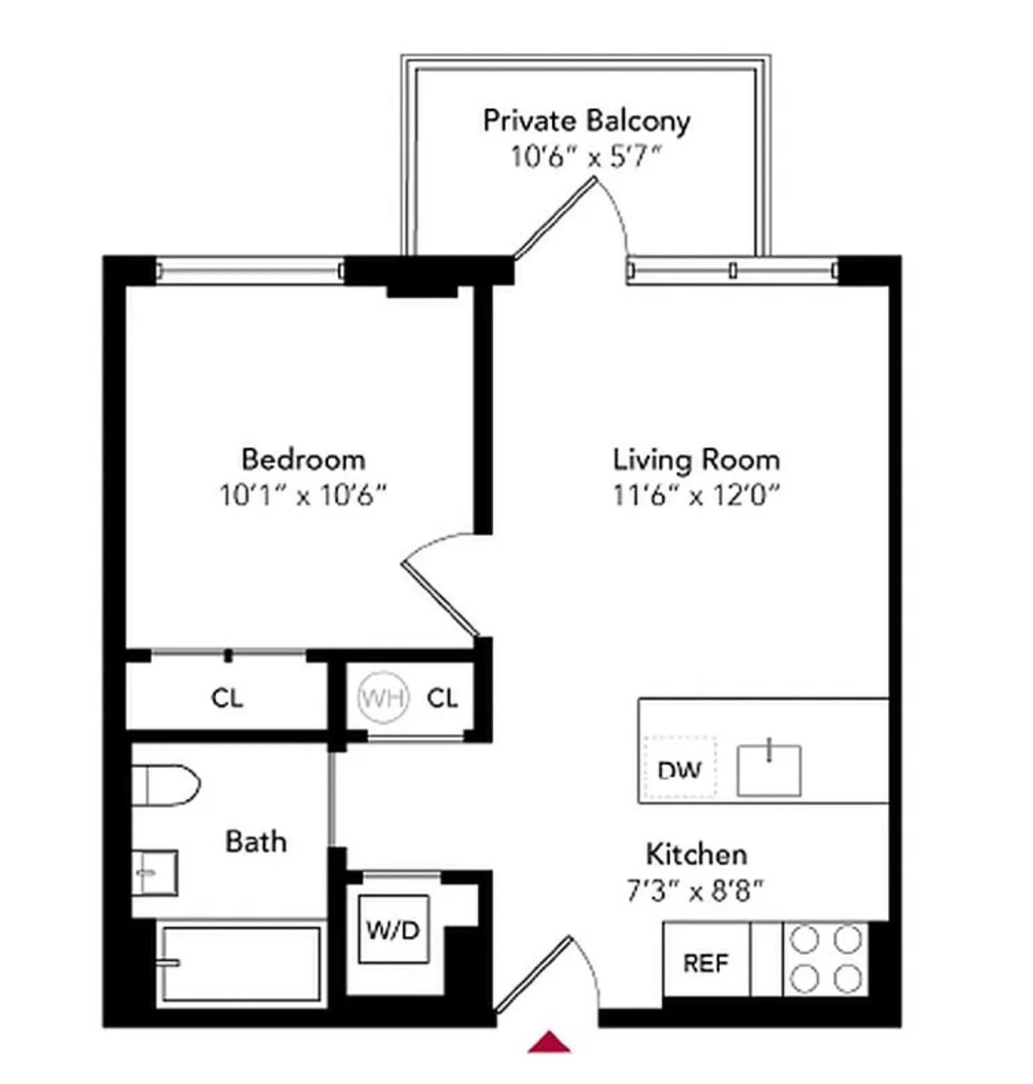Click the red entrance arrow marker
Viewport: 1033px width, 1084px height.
[x=549, y=1042]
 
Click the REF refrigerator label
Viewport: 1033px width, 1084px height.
[x=705, y=963]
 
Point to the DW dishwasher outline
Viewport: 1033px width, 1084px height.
[x=680, y=769]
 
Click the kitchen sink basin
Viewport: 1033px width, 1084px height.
[x=769, y=771]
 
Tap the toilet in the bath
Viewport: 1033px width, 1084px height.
[x=165, y=785]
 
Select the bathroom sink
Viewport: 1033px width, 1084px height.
[x=154, y=873]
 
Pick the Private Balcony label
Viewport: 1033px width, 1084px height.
[x=586, y=121]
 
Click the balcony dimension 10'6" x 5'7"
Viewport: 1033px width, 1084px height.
[x=585, y=158]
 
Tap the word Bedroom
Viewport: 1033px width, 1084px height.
[x=303, y=459]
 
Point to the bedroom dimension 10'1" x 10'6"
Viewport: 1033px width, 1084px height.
[x=303, y=495]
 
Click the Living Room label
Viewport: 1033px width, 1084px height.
[x=696, y=460]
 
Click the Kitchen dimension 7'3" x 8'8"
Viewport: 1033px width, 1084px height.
[x=695, y=891]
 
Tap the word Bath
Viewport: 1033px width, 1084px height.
[x=256, y=842]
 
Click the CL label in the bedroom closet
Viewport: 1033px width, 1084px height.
[x=227, y=698]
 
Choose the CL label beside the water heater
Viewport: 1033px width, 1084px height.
[x=442, y=698]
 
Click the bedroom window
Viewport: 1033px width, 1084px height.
[x=249, y=270]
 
